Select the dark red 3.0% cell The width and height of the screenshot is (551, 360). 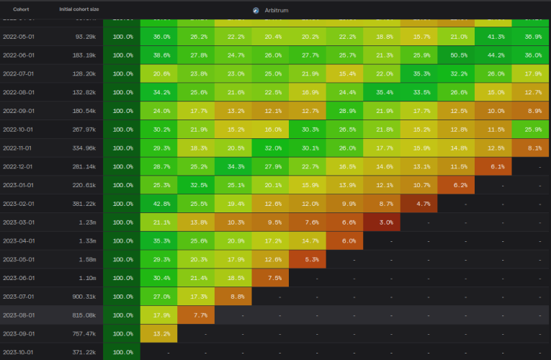tap(385, 222)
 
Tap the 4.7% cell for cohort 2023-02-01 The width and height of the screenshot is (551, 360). tap(422, 204)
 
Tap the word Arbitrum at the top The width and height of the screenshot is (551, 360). tap(276, 11)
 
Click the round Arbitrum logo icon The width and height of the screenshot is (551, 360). tap(256, 11)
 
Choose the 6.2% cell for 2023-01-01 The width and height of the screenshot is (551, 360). tap(459, 185)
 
